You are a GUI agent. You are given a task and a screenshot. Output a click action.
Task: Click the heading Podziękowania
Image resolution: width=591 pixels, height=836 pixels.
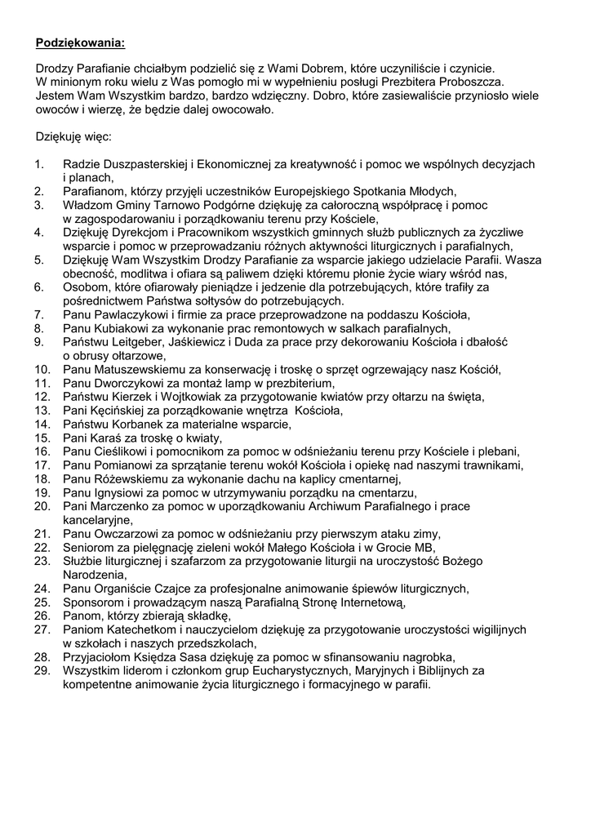(81, 41)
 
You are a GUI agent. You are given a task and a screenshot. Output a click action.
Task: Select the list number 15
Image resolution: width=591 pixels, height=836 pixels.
(42, 438)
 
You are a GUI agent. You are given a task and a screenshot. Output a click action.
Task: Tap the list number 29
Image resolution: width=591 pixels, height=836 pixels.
(42, 670)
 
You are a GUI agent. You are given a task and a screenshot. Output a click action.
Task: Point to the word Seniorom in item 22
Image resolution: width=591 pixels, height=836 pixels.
(88, 547)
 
